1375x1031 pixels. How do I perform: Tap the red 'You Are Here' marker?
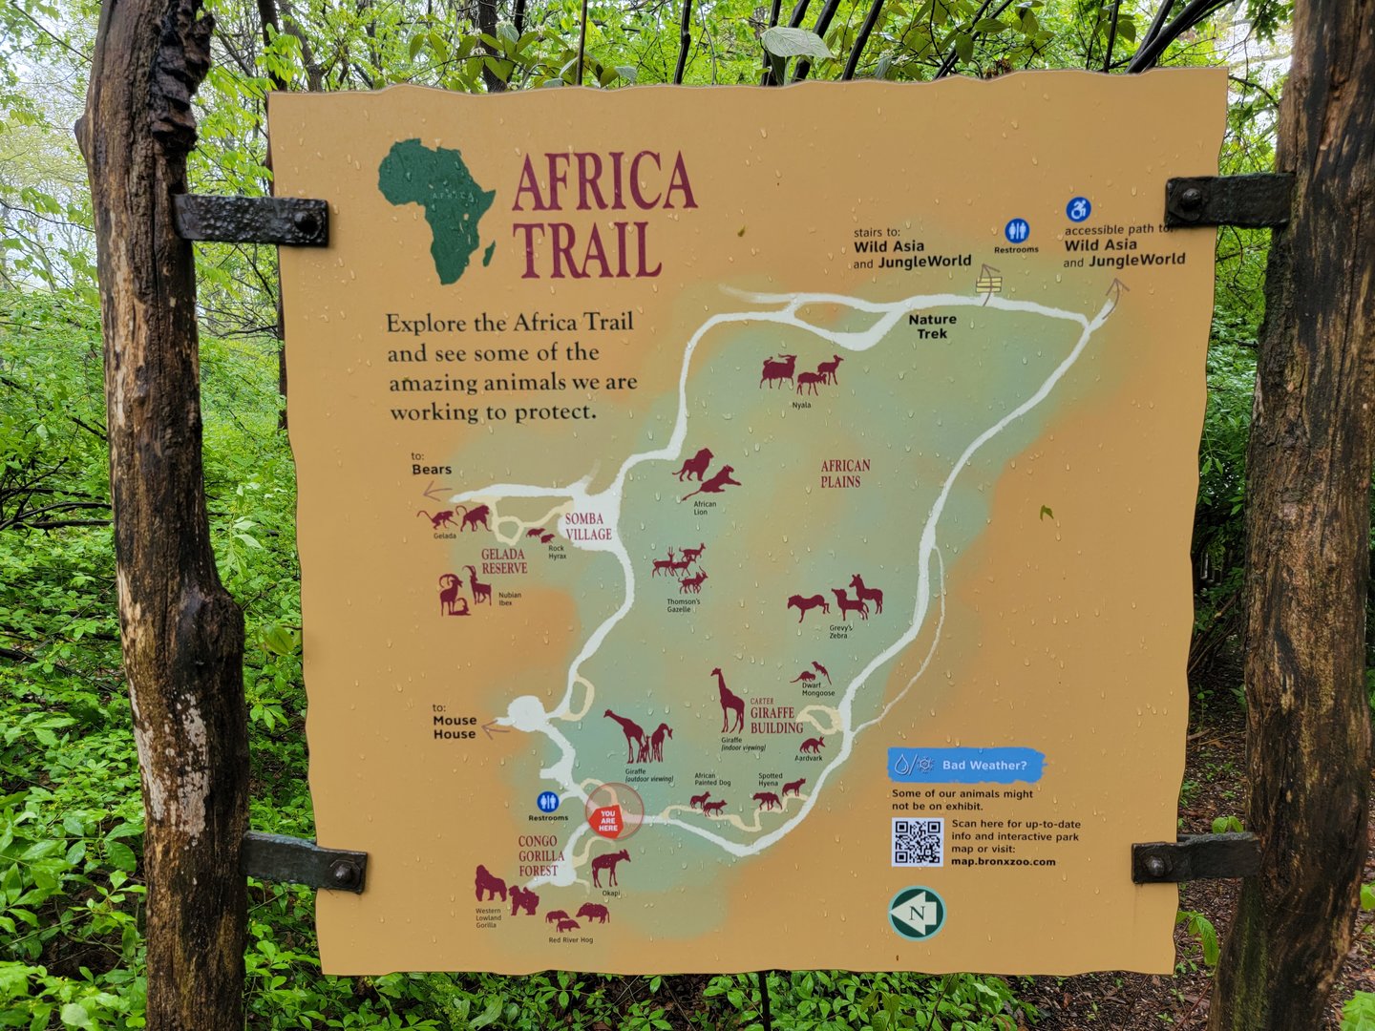click(x=609, y=819)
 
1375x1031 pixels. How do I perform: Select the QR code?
click(x=917, y=841)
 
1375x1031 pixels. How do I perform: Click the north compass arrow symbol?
click(x=917, y=914)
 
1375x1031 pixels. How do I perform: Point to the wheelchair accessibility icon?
click(x=1078, y=209)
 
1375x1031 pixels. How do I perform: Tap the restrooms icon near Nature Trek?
click(x=1016, y=231)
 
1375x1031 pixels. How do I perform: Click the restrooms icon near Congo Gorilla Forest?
click(x=548, y=801)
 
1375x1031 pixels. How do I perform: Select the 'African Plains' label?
click(x=844, y=473)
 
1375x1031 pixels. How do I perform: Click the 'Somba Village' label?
click(x=586, y=527)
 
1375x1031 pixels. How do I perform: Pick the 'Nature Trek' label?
click(x=932, y=326)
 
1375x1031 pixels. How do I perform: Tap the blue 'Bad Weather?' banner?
click(x=966, y=765)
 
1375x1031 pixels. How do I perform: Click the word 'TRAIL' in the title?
click(x=586, y=250)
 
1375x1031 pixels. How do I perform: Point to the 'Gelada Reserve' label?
click(x=503, y=560)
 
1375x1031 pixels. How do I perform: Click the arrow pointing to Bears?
click(x=435, y=492)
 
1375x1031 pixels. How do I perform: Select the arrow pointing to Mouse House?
click(x=495, y=730)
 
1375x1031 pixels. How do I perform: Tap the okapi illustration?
click(x=609, y=867)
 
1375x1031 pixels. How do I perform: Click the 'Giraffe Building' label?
click(x=774, y=719)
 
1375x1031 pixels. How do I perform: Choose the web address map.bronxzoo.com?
click(x=1003, y=862)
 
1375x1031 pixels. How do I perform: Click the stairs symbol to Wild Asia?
click(x=989, y=281)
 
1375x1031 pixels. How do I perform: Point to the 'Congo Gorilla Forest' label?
click(x=539, y=855)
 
